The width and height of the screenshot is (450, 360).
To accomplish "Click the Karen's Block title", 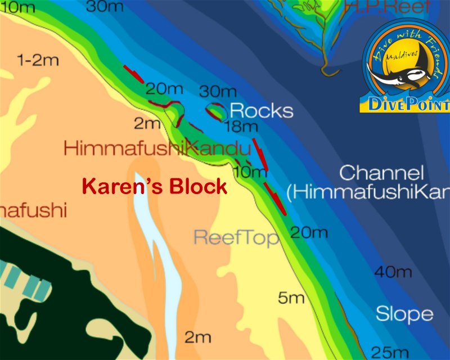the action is click(x=155, y=186).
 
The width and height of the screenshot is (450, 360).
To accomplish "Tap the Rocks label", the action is click(x=262, y=110).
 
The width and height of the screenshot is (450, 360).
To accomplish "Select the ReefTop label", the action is click(x=236, y=238).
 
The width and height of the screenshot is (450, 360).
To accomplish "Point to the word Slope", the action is click(x=404, y=313).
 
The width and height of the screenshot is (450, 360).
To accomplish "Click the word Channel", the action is click(x=381, y=173).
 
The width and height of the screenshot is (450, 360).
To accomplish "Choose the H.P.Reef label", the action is click(x=388, y=6).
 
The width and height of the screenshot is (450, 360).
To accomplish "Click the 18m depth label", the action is click(x=240, y=128).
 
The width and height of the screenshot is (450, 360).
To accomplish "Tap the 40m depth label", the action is click(x=393, y=272).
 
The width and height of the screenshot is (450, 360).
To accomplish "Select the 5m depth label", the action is click(x=291, y=298).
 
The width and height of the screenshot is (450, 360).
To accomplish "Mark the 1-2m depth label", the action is click(x=38, y=60).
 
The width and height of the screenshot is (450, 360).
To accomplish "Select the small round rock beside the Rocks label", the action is click(x=215, y=110).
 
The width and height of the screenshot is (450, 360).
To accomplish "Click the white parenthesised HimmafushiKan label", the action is click(x=368, y=193).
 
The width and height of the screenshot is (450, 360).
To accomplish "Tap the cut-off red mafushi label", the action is click(x=33, y=211).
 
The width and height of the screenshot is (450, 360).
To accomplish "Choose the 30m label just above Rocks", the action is click(x=218, y=92).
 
